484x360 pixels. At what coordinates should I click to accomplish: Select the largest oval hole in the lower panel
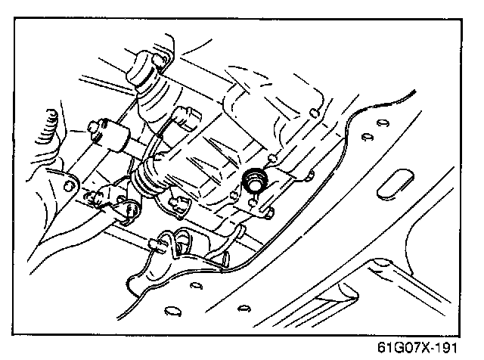pos(172,310)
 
